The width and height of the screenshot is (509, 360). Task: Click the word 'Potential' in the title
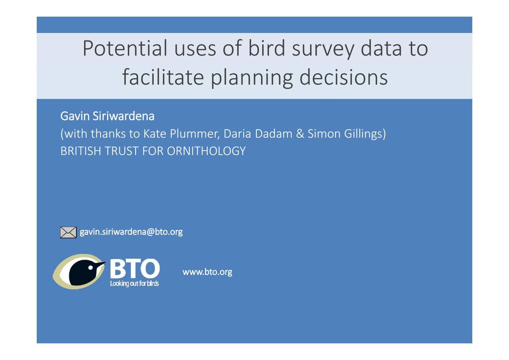tap(125, 48)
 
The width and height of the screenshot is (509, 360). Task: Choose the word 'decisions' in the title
tap(343, 77)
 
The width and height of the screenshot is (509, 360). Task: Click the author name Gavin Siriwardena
tap(107, 116)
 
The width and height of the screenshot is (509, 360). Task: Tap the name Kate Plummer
tap(181, 134)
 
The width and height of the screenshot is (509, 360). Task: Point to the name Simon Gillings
tap(346, 134)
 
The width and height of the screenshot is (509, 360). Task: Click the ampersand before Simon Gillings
tap(300, 134)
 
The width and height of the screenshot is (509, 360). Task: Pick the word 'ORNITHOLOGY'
tap(206, 151)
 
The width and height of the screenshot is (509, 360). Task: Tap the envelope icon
tap(68, 233)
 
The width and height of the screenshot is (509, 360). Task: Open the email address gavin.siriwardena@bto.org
tap(131, 232)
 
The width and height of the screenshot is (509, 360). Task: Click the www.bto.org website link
tap(207, 272)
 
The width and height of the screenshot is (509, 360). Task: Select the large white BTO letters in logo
tap(135, 269)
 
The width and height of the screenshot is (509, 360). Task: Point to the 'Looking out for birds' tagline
tap(134, 284)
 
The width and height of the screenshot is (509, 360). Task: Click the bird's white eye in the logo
tap(90, 267)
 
